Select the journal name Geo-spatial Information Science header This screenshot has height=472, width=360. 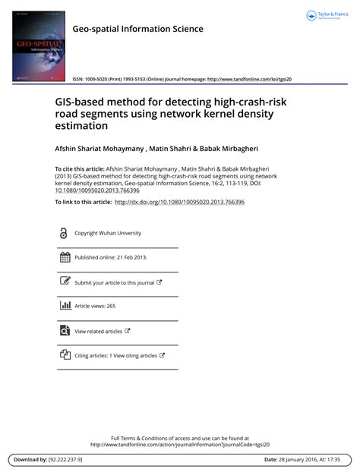pyautogui.click(x=137, y=29)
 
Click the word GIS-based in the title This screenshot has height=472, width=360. pyautogui.click(x=82, y=102)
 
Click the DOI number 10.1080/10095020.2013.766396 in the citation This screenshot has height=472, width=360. pyautogui.click(x=97, y=190)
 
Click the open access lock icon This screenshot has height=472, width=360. pyautogui.click(x=63, y=233)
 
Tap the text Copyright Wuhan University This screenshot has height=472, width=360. pyautogui.click(x=108, y=233)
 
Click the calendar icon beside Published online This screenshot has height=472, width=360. pyautogui.click(x=64, y=257)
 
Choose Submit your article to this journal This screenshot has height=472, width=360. pyautogui.click(x=115, y=282)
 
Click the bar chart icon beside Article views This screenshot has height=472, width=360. pyautogui.click(x=64, y=306)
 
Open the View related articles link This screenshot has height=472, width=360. pyautogui.click(x=99, y=331)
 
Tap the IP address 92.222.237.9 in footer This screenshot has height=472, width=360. pyautogui.click(x=65, y=460)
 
